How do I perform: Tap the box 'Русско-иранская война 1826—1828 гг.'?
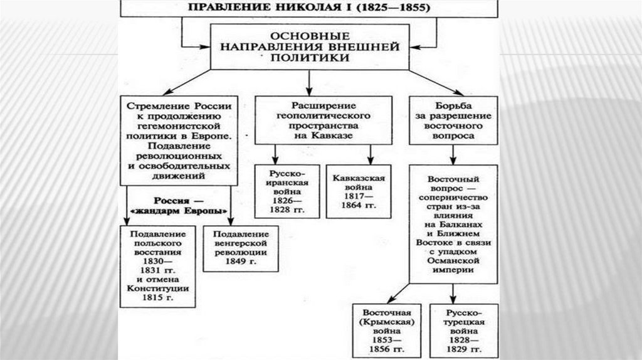[x=286, y=189]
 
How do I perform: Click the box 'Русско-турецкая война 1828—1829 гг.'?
[x=464, y=330]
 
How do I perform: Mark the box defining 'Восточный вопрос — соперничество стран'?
[x=453, y=223]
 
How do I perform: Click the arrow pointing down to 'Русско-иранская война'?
[x=276, y=154]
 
